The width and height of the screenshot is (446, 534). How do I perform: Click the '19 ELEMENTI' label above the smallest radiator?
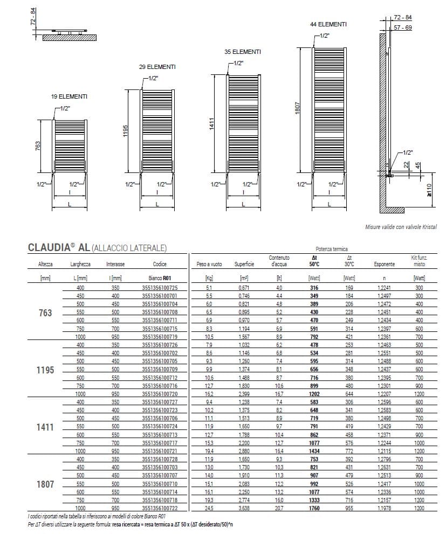[x=69, y=96]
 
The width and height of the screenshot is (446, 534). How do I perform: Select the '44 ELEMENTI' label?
[x=328, y=25]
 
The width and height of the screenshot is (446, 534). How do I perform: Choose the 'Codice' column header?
[x=159, y=265]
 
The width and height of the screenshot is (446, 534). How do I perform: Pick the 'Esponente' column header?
[x=384, y=265]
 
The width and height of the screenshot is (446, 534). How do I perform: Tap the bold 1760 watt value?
[x=314, y=508]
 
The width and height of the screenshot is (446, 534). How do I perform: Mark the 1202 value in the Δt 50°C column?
[x=314, y=394]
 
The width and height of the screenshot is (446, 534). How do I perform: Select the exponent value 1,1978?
[x=384, y=508]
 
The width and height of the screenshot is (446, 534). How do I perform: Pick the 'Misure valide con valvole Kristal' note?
[x=400, y=227]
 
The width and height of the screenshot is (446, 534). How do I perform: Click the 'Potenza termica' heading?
[x=332, y=249]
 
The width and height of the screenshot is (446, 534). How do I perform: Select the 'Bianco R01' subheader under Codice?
[x=159, y=278]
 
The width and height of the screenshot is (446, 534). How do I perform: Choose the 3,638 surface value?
[x=244, y=508]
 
